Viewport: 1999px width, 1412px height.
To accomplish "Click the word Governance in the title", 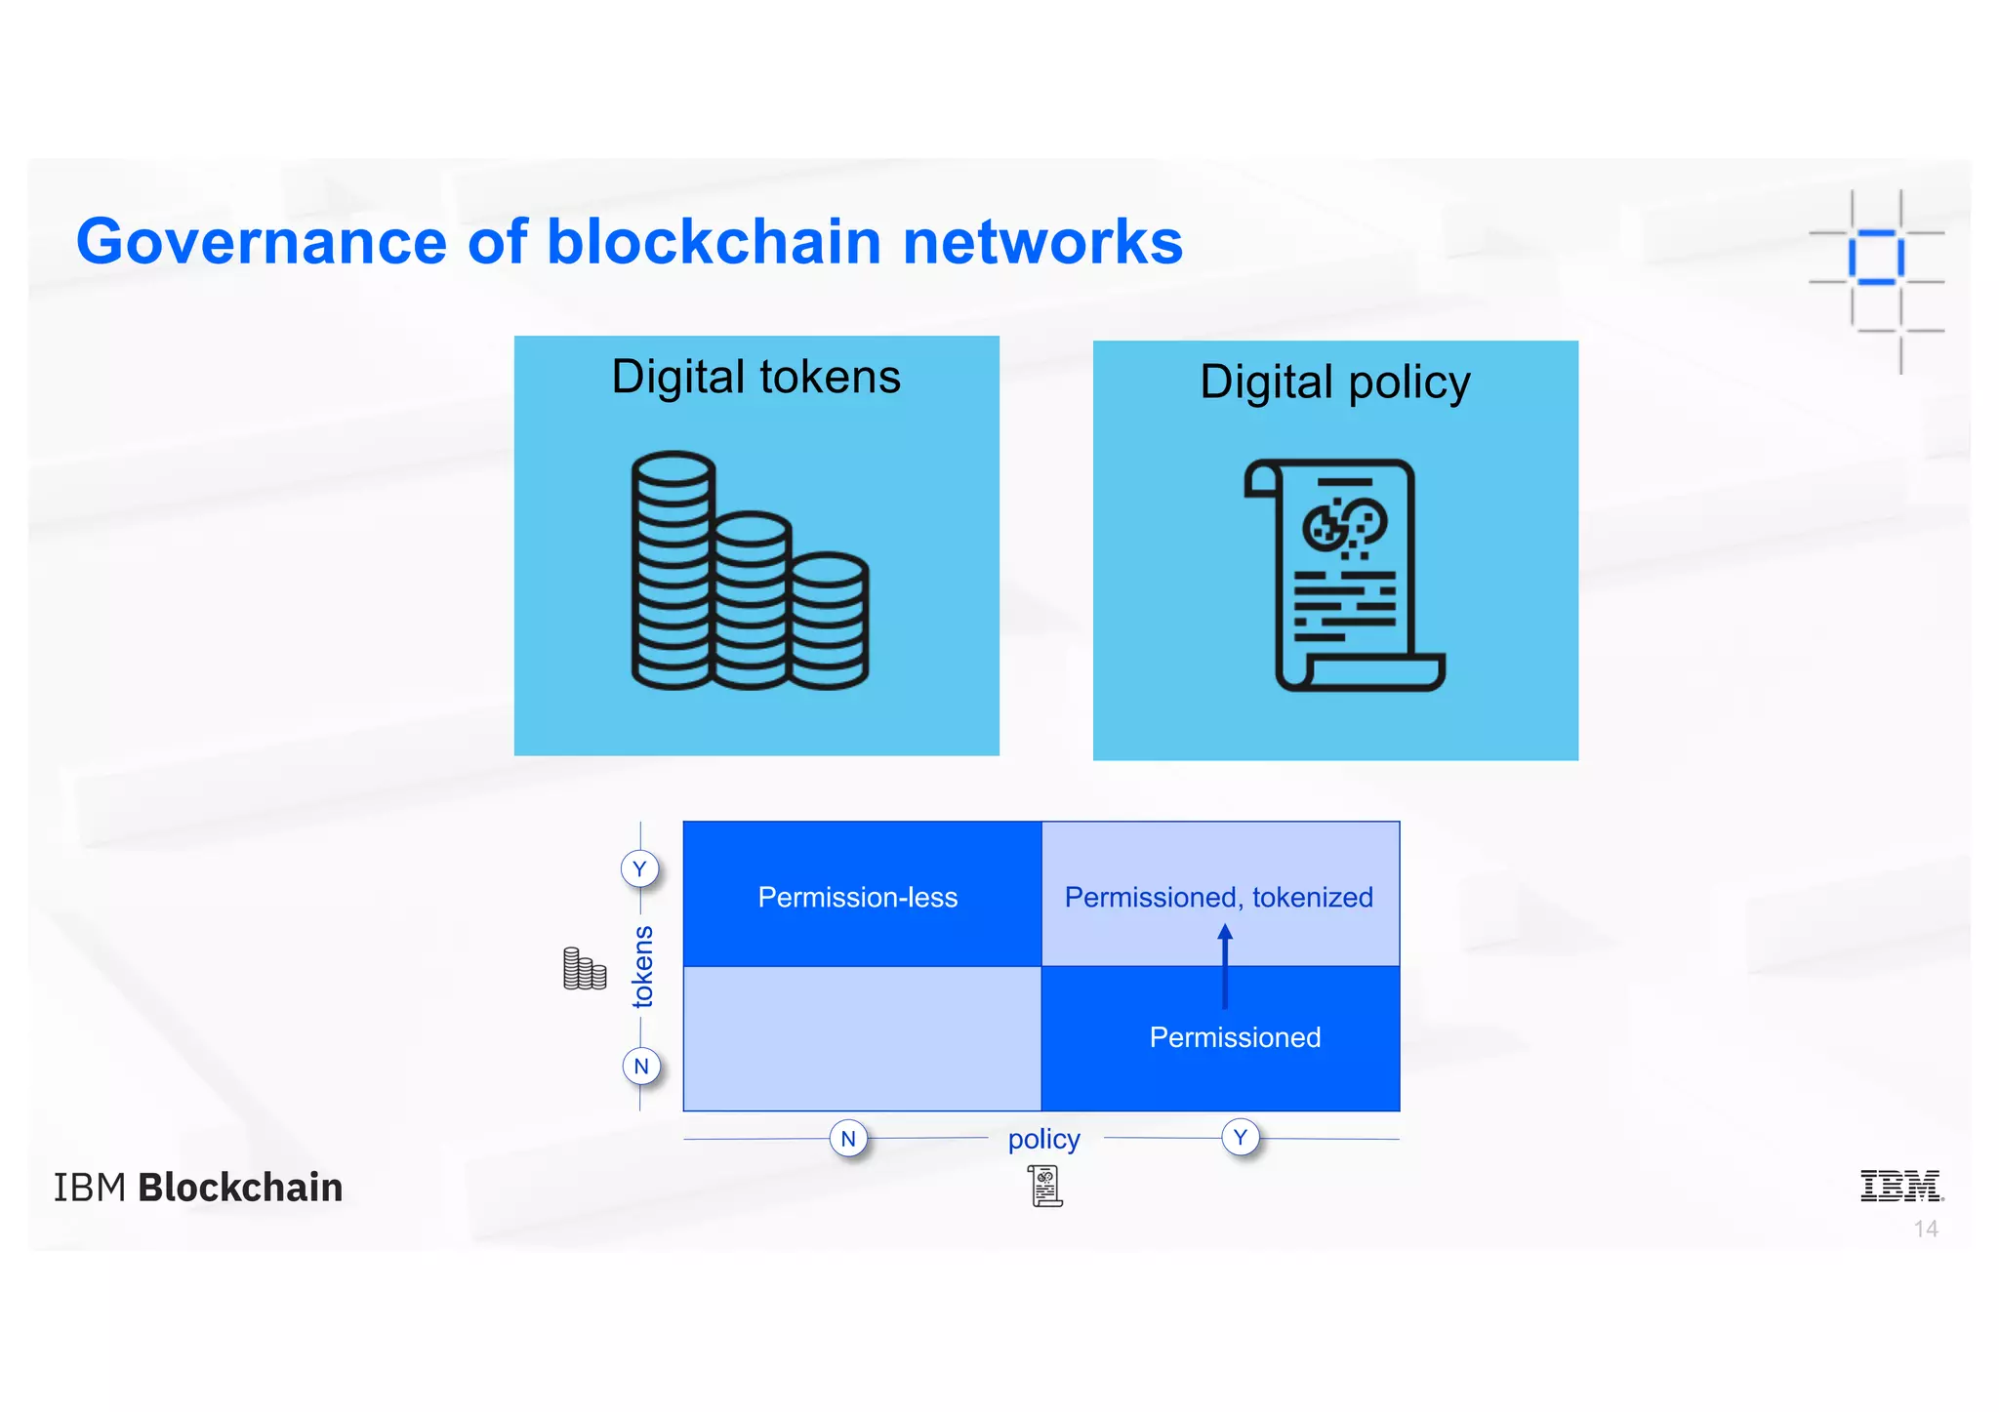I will [x=261, y=242].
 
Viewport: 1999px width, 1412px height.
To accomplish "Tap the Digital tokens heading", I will [x=755, y=377].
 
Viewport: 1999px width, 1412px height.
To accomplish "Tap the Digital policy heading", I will [x=1334, y=382].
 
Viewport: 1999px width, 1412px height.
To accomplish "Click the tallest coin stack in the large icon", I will [x=673, y=571].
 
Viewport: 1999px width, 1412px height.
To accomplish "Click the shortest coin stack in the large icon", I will [x=829, y=622].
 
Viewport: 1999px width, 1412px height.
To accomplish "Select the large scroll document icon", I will [x=1345, y=576].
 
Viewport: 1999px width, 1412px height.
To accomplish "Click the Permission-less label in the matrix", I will [x=857, y=897].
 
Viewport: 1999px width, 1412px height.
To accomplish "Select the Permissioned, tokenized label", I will [x=1218, y=897].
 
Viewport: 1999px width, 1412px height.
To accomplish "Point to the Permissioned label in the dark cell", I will [x=1234, y=1037].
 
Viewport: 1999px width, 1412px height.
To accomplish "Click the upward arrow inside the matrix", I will [x=1225, y=967].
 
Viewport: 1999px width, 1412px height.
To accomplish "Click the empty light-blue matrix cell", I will [x=862, y=1038].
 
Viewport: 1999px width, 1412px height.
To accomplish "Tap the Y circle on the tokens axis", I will [x=639, y=868].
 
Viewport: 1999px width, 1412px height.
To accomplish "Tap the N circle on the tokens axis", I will [x=640, y=1066].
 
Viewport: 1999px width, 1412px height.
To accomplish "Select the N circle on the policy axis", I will [x=848, y=1138].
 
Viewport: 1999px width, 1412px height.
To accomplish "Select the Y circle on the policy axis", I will [x=1240, y=1137].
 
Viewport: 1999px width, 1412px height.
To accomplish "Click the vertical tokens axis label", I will [x=642, y=966].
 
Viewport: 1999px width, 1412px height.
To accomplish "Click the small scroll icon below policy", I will [x=1045, y=1186].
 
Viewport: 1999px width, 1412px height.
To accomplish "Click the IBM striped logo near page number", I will [x=1899, y=1186].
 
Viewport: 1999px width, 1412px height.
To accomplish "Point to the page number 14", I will [x=1925, y=1229].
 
